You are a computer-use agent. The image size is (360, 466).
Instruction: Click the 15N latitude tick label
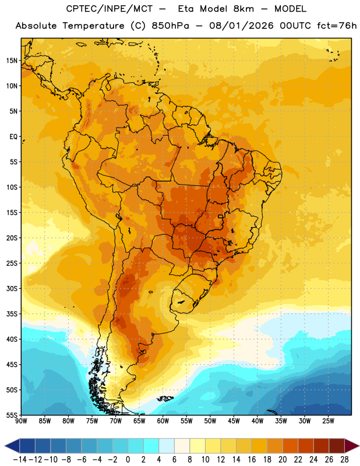[12, 61]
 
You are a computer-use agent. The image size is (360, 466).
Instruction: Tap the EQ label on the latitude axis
[13, 137]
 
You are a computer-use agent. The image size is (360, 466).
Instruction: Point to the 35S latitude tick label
[12, 314]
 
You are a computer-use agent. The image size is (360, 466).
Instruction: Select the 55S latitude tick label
[12, 415]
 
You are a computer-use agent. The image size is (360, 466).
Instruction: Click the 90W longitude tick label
[21, 421]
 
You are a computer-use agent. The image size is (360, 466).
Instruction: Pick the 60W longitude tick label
[163, 421]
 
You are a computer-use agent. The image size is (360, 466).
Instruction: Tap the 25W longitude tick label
[328, 421]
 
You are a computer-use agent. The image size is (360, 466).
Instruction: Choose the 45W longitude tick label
[234, 421]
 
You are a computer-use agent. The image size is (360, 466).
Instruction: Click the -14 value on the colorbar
[20, 460]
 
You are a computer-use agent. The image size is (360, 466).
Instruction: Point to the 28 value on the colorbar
[344, 460]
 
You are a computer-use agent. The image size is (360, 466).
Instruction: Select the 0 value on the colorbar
[128, 460]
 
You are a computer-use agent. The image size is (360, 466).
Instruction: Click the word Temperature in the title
[93, 26]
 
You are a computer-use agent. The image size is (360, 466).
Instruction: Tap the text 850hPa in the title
[170, 26]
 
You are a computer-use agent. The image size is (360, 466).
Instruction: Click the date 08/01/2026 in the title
[241, 26]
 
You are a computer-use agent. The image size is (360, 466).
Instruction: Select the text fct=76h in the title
[337, 26]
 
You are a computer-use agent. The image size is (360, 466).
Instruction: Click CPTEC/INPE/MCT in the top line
[110, 9]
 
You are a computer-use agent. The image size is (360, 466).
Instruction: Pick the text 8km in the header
[243, 9]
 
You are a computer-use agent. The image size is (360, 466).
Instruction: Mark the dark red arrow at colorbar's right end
[352, 446]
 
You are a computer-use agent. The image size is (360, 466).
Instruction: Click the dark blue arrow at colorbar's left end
[12, 446]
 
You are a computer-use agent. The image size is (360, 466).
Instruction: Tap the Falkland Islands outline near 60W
[165, 398]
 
